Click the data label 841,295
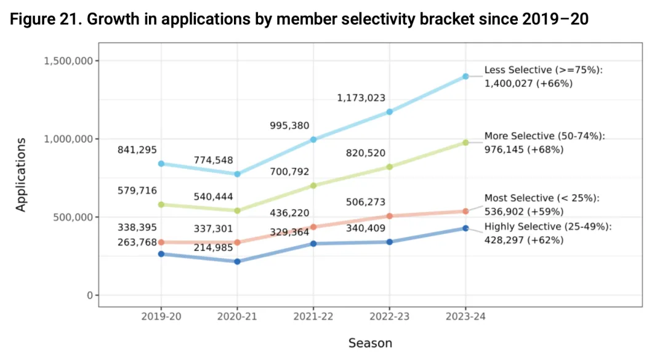pos(137,150)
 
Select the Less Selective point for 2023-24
pos(465,76)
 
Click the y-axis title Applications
pos(22,175)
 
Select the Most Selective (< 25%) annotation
pos(541,204)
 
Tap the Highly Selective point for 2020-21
pos(237,262)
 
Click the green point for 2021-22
pos(313,185)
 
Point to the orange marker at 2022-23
pos(389,216)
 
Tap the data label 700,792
pos(289,172)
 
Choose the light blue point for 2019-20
pos(161,164)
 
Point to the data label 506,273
pos(366,202)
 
